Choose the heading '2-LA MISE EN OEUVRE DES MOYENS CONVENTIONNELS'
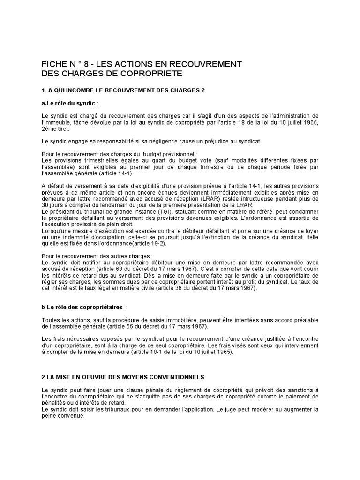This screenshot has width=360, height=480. click(123, 377)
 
